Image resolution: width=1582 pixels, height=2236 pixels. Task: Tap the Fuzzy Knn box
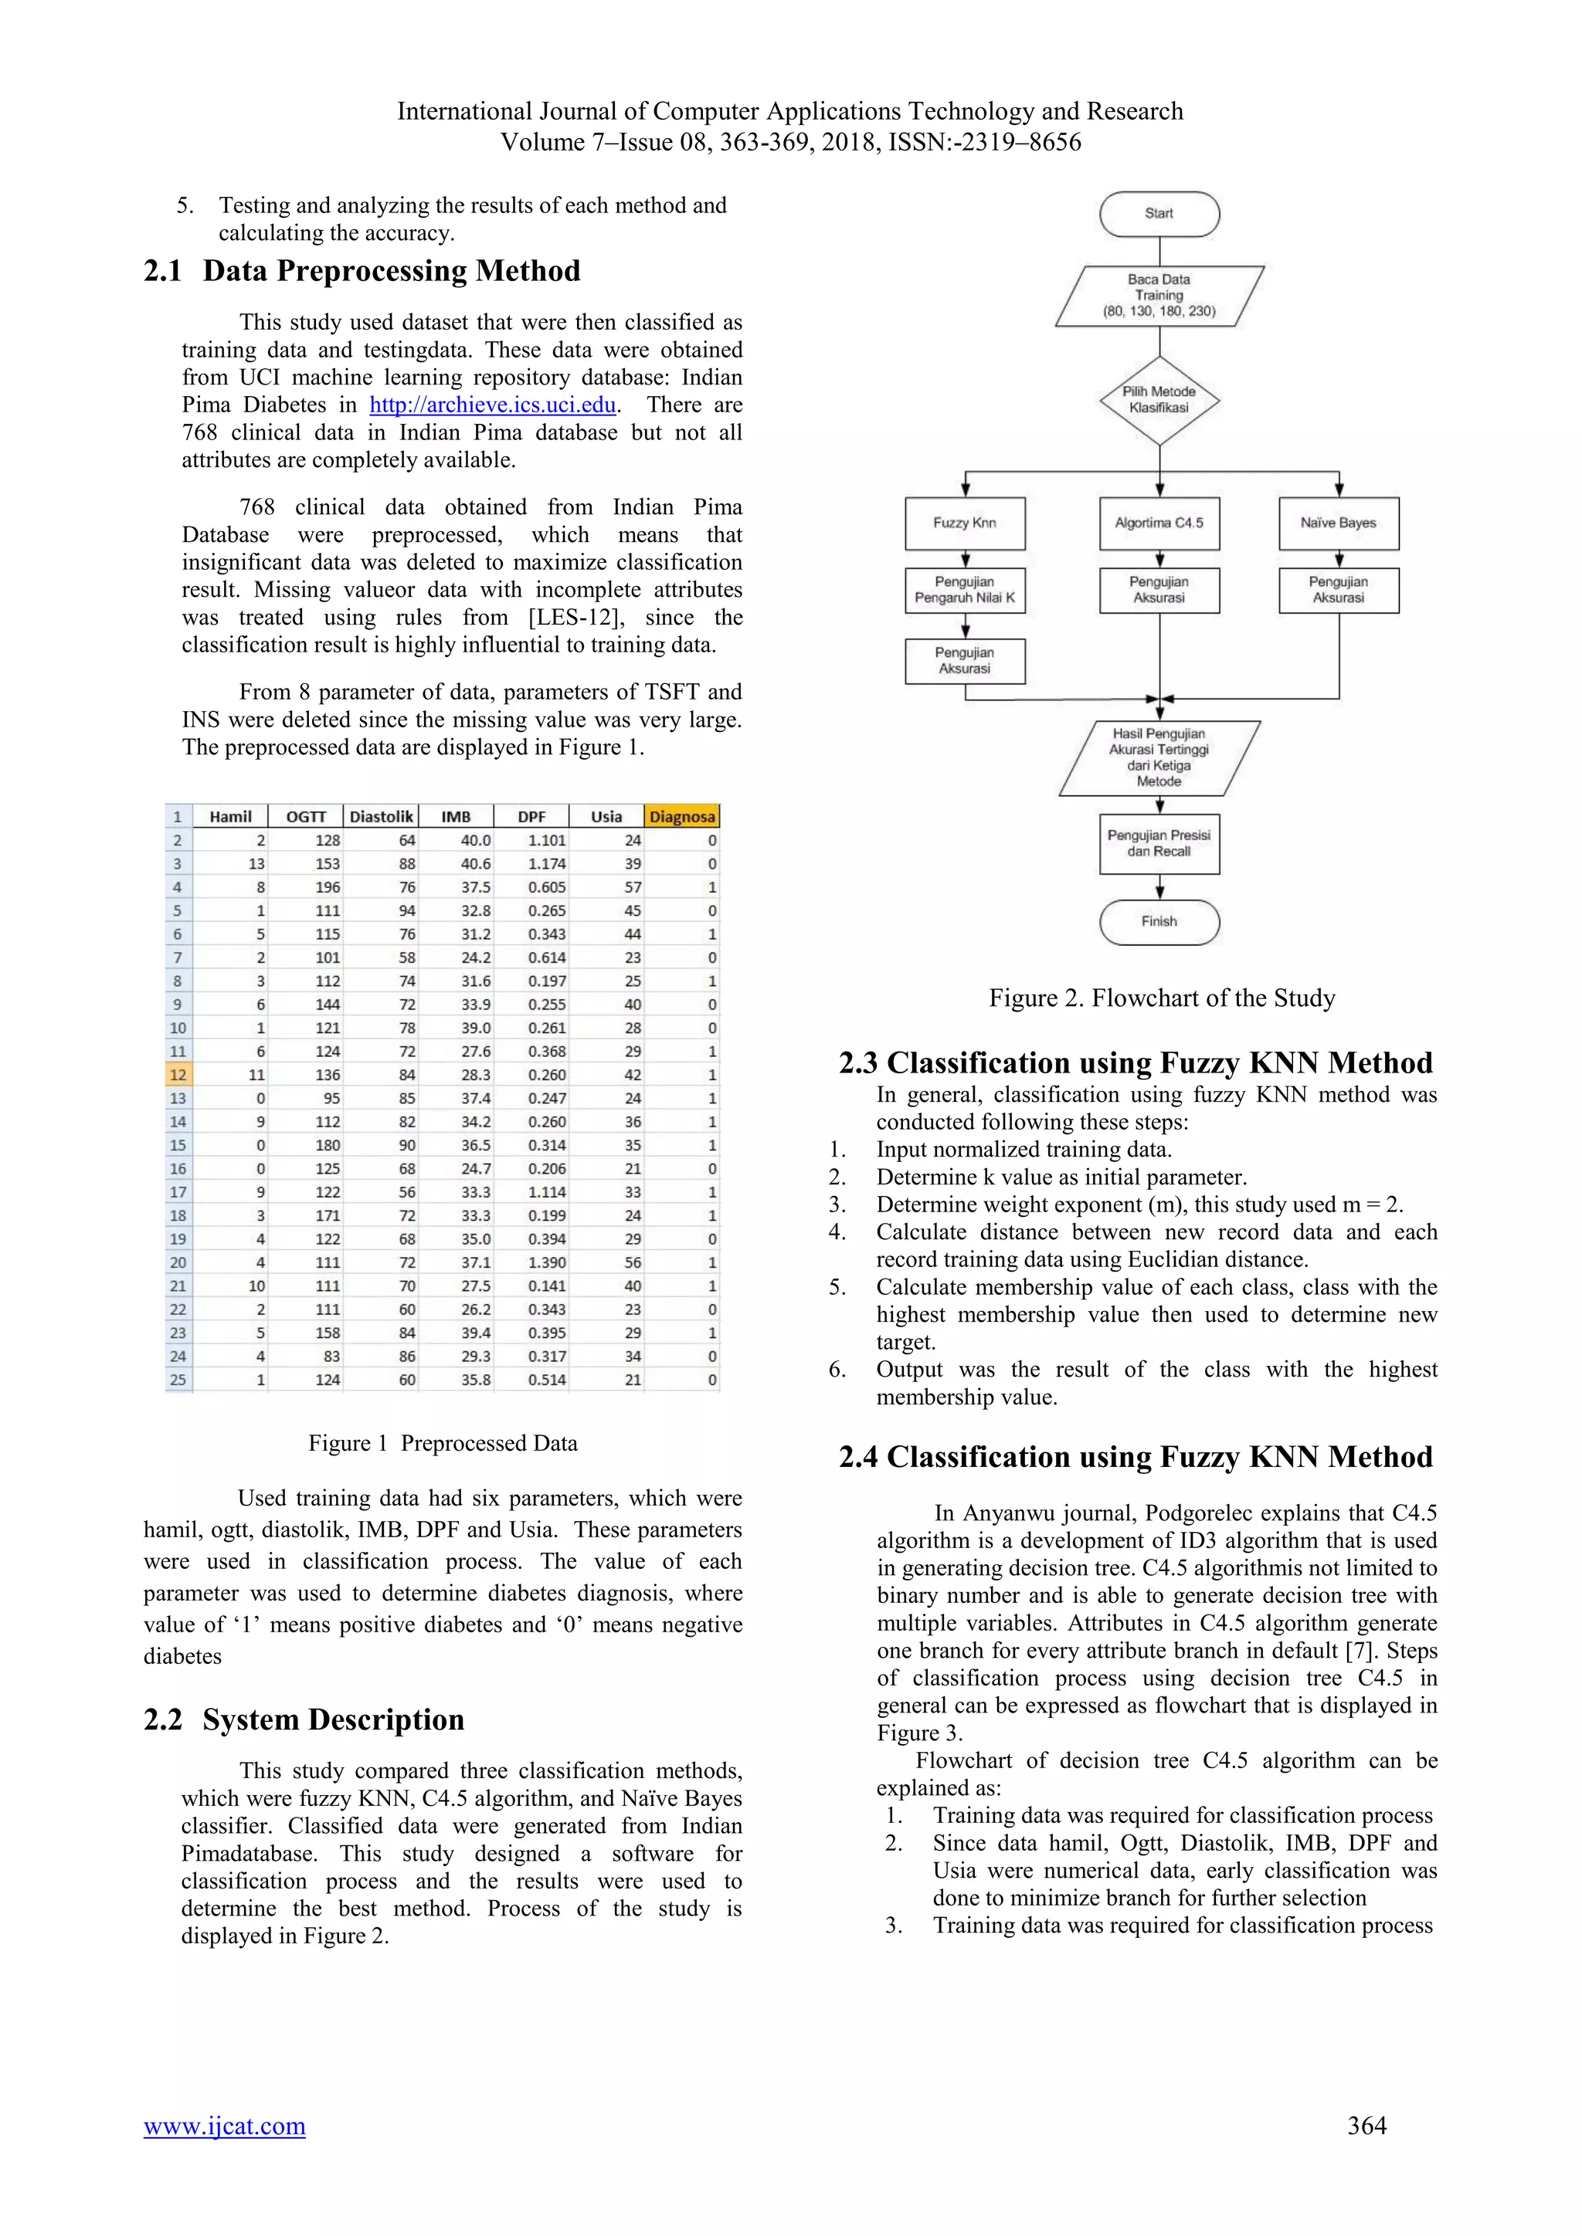(x=964, y=523)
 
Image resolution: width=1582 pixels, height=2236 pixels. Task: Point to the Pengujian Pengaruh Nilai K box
(x=964, y=590)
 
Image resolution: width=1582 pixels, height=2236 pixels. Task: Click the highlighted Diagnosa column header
(x=682, y=817)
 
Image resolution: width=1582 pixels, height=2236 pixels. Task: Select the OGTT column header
(x=306, y=817)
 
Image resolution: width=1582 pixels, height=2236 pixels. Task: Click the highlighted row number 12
(x=178, y=1076)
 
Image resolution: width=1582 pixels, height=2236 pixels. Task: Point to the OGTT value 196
(x=328, y=887)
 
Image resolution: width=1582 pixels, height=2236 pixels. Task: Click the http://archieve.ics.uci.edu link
(x=492, y=405)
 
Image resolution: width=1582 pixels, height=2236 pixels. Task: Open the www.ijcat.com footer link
(x=224, y=2126)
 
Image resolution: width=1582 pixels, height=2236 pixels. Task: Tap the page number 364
(x=1366, y=2126)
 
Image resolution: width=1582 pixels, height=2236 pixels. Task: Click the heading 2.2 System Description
(x=304, y=1719)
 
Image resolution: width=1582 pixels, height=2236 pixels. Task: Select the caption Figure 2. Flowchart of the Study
(x=1161, y=998)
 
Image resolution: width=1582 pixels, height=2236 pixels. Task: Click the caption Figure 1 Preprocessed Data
(x=443, y=1443)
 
